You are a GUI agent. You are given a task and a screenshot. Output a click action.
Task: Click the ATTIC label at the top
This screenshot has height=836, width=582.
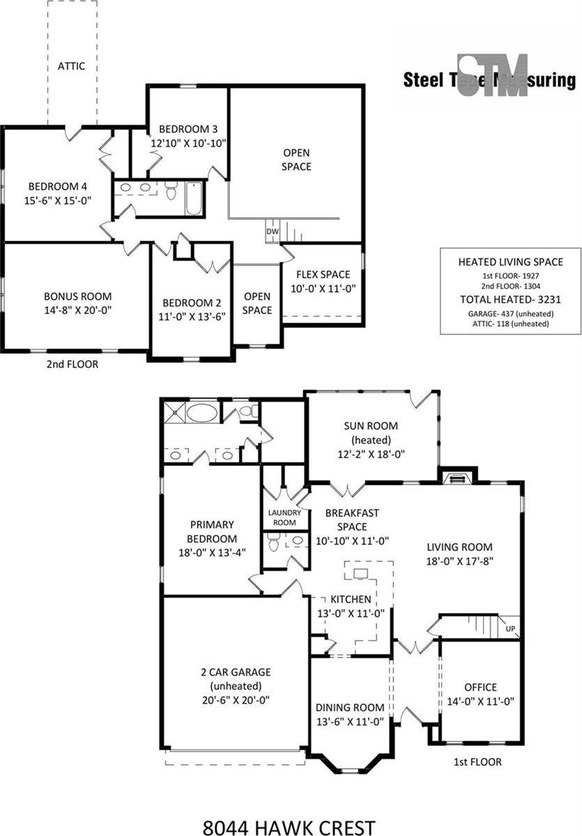click(x=71, y=66)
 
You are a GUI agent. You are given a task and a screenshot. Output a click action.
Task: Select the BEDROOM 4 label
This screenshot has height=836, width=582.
click(x=58, y=186)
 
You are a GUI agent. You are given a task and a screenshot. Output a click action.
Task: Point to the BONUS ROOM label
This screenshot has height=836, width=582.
click(x=77, y=296)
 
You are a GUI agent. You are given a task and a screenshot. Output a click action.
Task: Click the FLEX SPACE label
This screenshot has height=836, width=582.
click(x=323, y=274)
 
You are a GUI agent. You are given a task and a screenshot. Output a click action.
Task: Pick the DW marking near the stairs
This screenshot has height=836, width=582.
click(x=271, y=231)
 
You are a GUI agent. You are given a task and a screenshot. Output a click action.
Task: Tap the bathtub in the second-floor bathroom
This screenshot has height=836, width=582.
click(x=193, y=198)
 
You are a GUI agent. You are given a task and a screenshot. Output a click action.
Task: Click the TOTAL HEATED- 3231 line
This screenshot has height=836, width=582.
click(x=510, y=300)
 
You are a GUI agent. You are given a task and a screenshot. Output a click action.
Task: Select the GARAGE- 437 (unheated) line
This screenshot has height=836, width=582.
click(x=510, y=313)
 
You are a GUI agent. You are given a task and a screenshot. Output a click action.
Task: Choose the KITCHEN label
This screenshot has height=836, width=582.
click(x=351, y=599)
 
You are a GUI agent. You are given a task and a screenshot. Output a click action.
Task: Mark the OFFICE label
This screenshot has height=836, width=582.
click(x=480, y=687)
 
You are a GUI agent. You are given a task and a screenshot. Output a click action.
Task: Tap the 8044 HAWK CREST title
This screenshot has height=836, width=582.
click(x=289, y=827)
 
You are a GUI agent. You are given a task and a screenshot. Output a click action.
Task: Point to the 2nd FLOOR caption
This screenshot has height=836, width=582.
click(x=72, y=364)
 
